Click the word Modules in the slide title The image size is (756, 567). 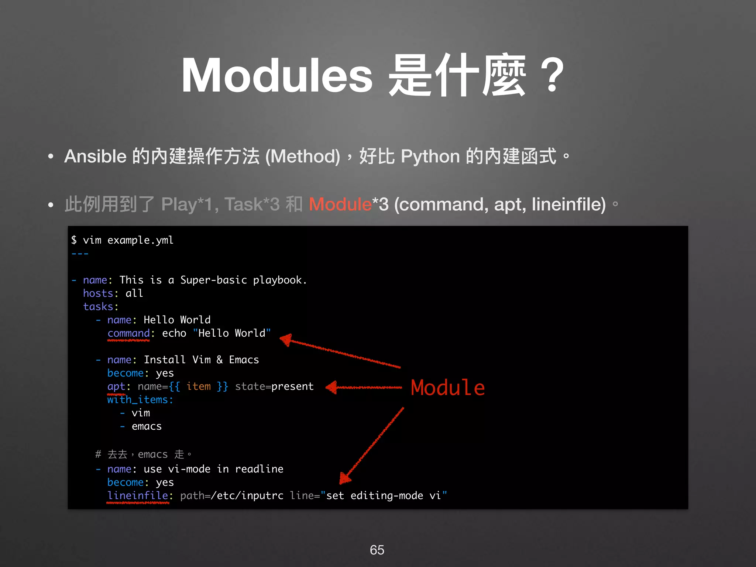[x=277, y=76]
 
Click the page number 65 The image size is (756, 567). [x=377, y=550]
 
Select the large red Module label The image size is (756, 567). [x=448, y=388]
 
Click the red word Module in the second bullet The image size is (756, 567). [x=340, y=204]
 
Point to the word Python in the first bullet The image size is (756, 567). [x=430, y=156]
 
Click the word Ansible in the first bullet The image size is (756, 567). [x=96, y=156]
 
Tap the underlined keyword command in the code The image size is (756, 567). [x=128, y=333]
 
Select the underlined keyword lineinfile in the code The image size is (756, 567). [x=138, y=496]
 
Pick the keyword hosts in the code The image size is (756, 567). [x=98, y=293]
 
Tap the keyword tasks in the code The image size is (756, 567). [x=98, y=307]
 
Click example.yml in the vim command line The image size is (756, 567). [x=140, y=240]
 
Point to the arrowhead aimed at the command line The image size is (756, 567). [x=286, y=339]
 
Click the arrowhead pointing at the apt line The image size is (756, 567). [x=332, y=387]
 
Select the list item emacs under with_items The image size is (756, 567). [x=147, y=426]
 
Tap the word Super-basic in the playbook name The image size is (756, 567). [x=213, y=280]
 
